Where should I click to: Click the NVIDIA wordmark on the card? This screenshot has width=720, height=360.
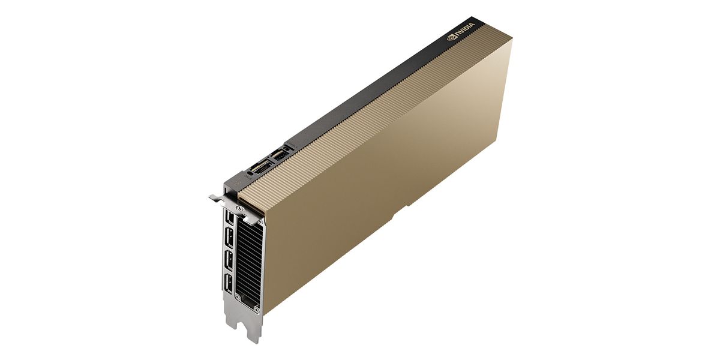tap(465, 30)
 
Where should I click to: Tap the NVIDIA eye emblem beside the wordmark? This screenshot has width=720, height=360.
tap(451, 38)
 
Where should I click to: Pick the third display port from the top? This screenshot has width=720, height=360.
tap(229, 260)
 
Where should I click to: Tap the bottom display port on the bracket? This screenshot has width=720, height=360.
tap(229, 284)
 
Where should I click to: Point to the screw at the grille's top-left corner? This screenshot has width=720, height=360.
tap(239, 209)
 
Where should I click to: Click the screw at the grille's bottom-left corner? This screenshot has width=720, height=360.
tap(238, 298)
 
